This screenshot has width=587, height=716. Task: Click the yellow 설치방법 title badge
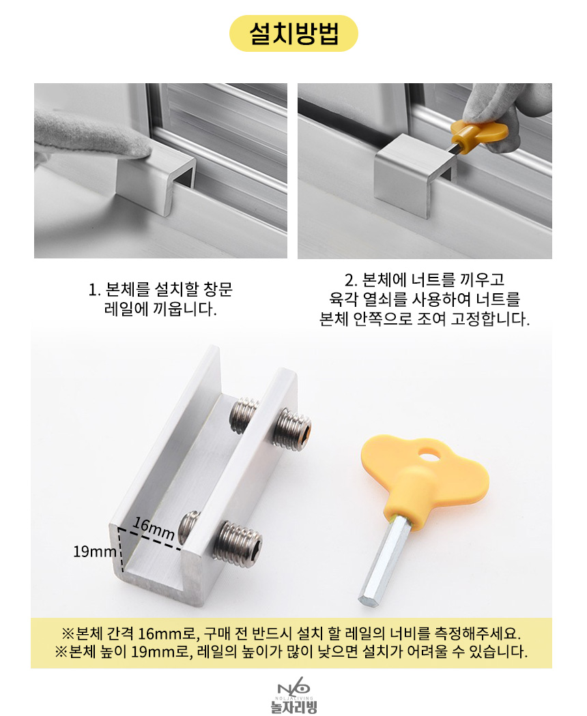[293, 33]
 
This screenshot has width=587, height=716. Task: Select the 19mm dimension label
[95, 552]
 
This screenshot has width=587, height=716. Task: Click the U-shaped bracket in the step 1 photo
[156, 180]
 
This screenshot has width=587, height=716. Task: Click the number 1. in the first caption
[94, 290]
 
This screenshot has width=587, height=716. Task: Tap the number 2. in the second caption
[351, 280]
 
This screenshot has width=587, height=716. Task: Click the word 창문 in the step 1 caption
[218, 290]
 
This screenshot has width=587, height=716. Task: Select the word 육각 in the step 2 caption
[343, 299]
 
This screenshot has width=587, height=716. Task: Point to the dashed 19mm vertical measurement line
[121, 550]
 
